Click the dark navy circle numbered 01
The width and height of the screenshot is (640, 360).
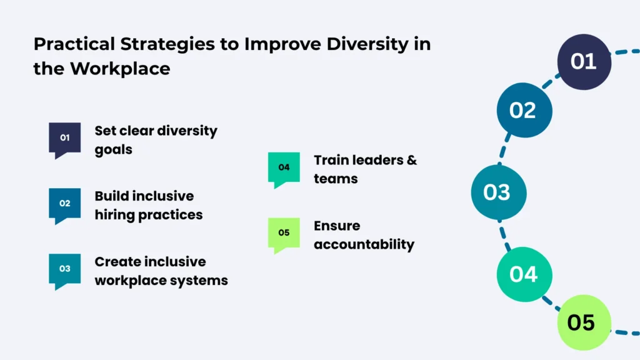584,62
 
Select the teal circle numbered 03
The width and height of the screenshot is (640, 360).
498,192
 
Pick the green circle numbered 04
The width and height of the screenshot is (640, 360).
524,274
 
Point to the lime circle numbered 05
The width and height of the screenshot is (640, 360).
581,322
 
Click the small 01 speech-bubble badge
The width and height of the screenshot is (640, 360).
65,138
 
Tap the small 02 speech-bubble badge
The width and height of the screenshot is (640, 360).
65,204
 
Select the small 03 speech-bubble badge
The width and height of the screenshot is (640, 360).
65,269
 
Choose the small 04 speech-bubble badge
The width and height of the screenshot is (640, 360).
284,167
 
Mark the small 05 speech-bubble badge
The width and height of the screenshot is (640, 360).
284,233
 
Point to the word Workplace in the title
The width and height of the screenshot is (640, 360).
119,68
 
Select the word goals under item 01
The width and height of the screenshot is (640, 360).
113,151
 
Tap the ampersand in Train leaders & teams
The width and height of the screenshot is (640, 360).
411,160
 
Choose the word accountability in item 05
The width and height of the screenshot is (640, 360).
364,244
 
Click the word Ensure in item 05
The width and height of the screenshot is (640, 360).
337,226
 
